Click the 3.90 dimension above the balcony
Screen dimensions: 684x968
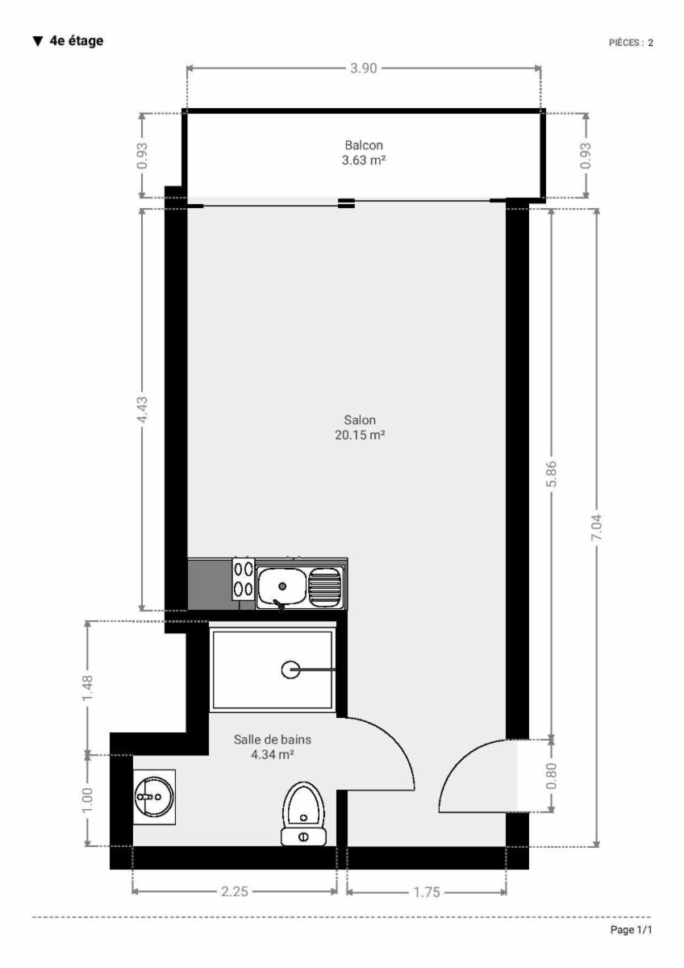364,69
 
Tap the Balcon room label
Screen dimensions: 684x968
364,145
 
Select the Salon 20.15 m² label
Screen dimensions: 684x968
360,427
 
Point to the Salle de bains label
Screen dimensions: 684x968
272,740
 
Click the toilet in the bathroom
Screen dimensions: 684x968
303,814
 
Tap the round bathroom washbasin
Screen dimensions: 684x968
154,796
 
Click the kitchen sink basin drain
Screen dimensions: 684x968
282,586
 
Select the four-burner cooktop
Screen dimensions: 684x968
244,579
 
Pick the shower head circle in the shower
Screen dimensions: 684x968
290,670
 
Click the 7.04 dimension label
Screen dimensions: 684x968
597,528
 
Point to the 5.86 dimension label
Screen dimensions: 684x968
552,474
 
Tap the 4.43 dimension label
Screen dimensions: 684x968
142,410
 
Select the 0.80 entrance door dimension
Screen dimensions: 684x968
552,776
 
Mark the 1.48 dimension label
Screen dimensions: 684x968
87,689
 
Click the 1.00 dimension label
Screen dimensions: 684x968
87,800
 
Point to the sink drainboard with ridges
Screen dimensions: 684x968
325,586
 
